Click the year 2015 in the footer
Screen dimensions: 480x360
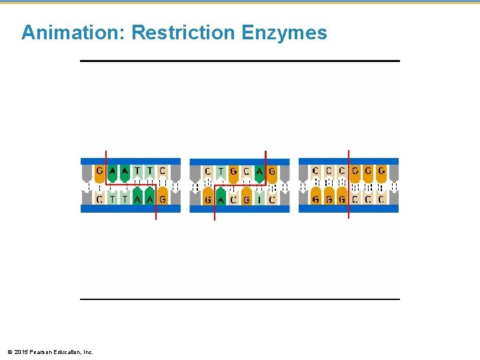(19, 351)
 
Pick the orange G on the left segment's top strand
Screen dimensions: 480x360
(99, 172)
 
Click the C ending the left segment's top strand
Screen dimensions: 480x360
(163, 172)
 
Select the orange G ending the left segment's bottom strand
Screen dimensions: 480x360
(163, 198)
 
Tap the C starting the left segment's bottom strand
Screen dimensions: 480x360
(99, 198)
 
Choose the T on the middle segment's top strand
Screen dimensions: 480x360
(221, 172)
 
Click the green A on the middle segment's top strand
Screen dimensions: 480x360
(259, 172)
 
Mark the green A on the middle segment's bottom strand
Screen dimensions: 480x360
(221, 199)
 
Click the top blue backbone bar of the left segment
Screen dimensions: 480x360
(131, 161)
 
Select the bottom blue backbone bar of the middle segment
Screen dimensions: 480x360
(239, 209)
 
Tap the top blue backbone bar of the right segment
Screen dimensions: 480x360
(348, 161)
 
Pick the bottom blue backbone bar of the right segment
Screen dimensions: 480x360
(348, 209)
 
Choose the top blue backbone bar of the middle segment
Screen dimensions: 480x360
(239, 161)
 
